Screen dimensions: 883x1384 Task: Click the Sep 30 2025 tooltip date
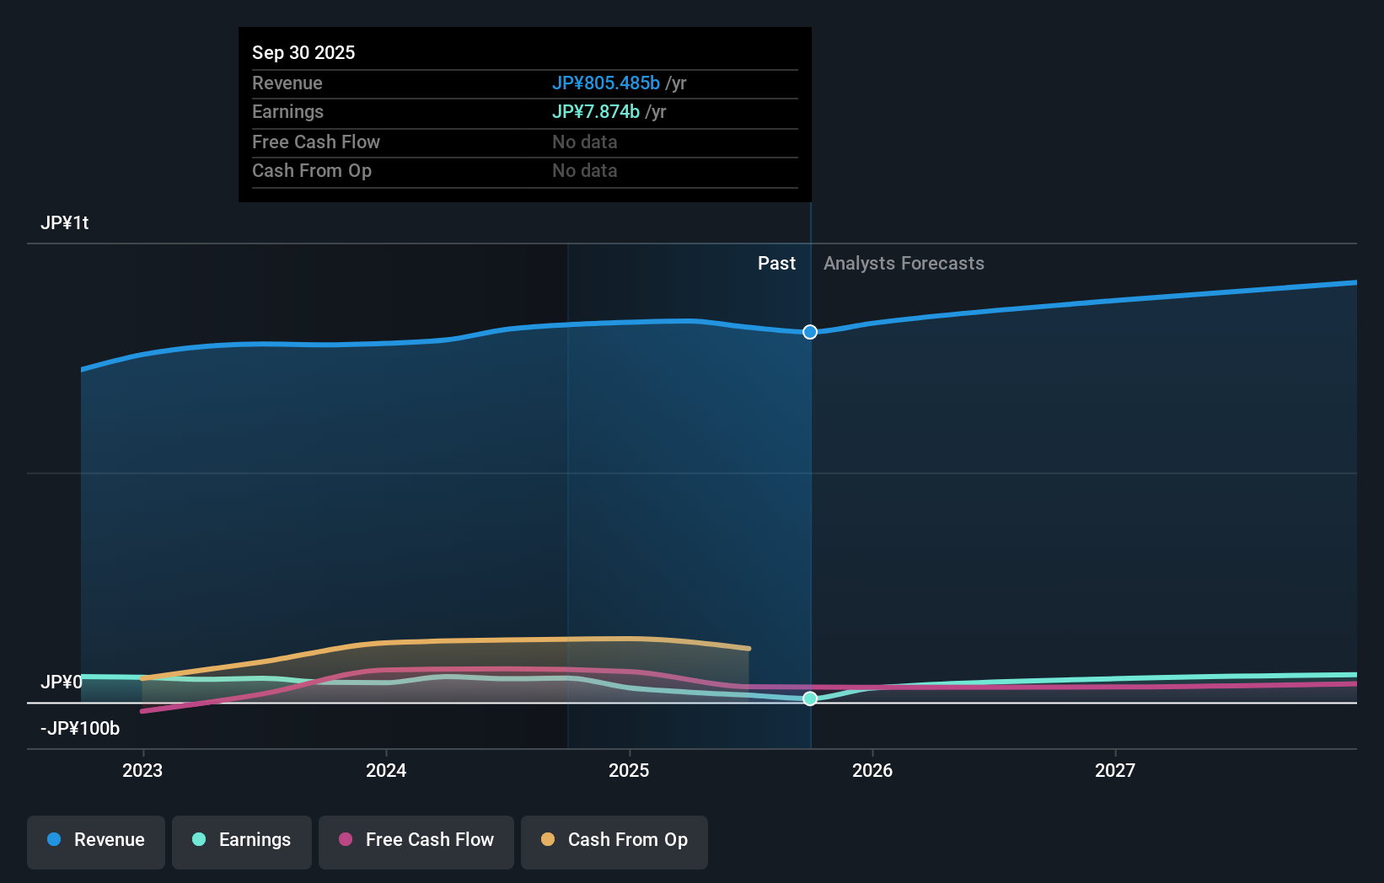click(x=303, y=52)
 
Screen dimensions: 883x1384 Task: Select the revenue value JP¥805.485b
click(x=605, y=83)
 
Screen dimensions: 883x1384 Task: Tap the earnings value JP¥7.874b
click(x=595, y=111)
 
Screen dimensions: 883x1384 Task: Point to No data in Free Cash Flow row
click(x=584, y=142)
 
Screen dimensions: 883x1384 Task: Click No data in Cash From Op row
click(x=584, y=170)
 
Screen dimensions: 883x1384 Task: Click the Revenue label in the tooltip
click(x=287, y=83)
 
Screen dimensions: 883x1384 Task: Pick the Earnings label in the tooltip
click(x=287, y=111)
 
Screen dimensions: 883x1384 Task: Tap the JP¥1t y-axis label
click(x=64, y=222)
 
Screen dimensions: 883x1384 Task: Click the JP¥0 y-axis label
click(x=61, y=682)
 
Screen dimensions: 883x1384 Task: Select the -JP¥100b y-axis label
click(x=80, y=728)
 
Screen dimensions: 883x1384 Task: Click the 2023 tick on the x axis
click(x=142, y=770)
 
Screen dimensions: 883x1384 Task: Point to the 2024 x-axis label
click(x=386, y=770)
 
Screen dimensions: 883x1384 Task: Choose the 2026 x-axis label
click(x=872, y=770)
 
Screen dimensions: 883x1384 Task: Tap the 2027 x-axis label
click(x=1114, y=770)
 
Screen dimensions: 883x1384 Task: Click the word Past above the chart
click(x=775, y=263)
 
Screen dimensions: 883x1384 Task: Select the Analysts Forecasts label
click(x=904, y=263)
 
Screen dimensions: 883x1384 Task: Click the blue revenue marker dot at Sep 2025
click(x=810, y=332)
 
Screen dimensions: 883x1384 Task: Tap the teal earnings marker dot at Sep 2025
click(x=810, y=698)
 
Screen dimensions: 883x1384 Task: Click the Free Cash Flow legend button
click(x=416, y=840)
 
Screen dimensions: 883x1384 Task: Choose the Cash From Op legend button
click(x=614, y=840)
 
